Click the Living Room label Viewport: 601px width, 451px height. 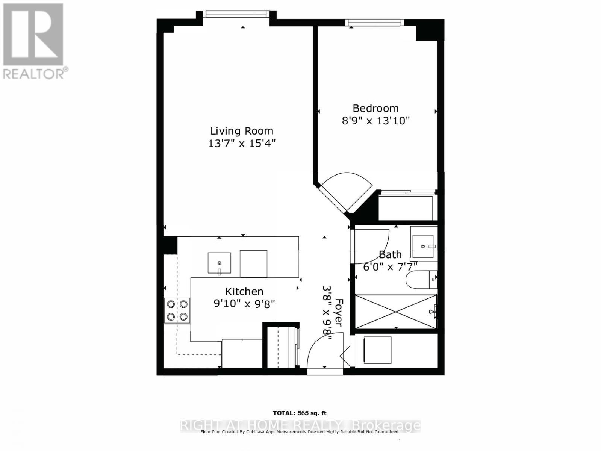(x=241, y=131)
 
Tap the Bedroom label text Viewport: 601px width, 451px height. (x=375, y=108)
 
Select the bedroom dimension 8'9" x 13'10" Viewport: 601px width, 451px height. (x=375, y=121)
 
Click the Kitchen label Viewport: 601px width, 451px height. (x=244, y=291)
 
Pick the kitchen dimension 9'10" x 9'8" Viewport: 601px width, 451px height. (x=244, y=303)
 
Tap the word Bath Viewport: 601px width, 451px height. (x=390, y=254)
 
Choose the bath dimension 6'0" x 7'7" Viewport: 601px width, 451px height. (x=390, y=267)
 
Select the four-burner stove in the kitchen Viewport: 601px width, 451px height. (x=177, y=310)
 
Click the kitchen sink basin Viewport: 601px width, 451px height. (x=219, y=263)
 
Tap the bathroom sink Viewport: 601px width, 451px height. (x=423, y=247)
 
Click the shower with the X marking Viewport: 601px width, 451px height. (x=395, y=311)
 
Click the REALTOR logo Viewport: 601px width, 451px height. (x=34, y=41)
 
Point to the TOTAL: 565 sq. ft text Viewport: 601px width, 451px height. (x=300, y=413)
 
